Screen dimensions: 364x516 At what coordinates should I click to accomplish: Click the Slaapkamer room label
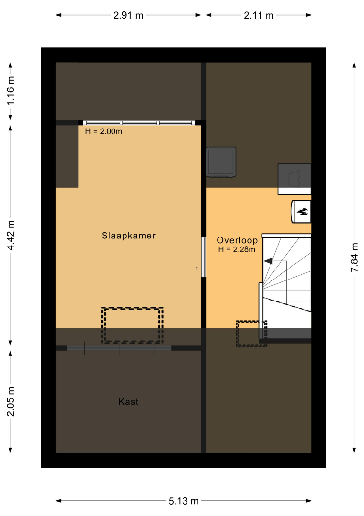[128, 236]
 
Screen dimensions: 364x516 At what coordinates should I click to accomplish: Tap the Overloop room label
[237, 240]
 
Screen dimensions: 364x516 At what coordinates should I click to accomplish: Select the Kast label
[128, 401]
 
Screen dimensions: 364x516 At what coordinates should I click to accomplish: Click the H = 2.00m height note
[104, 132]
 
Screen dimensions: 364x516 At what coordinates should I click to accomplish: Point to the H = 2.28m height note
[237, 249]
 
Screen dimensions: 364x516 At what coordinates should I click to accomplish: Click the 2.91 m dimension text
[128, 15]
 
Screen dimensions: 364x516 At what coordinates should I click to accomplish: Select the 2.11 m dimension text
[259, 15]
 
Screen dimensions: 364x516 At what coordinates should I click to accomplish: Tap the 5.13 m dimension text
[184, 501]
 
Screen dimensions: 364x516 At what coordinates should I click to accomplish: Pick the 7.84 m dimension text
[354, 258]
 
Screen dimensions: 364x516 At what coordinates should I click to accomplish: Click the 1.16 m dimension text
[10, 90]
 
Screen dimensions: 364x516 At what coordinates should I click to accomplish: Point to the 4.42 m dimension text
[10, 236]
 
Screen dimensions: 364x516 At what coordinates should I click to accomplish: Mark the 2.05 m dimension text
[10, 402]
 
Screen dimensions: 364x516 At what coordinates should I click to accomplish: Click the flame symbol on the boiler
[302, 211]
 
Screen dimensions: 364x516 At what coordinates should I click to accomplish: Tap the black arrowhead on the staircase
[268, 261]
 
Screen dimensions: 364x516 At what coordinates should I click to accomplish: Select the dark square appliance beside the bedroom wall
[221, 162]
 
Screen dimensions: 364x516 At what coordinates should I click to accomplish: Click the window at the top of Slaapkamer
[139, 123]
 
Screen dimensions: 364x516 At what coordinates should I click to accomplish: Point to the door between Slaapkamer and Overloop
[204, 257]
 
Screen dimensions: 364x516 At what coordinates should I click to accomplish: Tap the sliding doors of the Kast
[119, 348]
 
